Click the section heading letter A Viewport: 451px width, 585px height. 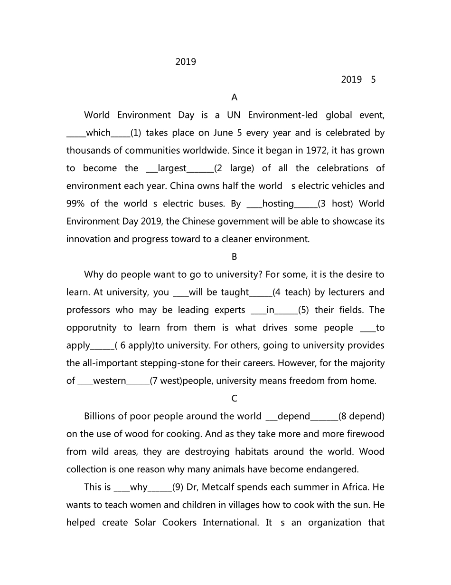tap(234, 97)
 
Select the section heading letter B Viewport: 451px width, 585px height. tap(234, 257)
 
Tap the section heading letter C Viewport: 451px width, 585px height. tap(234, 399)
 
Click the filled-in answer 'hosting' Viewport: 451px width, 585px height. tap(278, 204)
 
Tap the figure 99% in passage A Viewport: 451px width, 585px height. tap(75, 204)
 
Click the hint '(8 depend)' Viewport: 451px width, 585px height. tap(361, 417)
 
